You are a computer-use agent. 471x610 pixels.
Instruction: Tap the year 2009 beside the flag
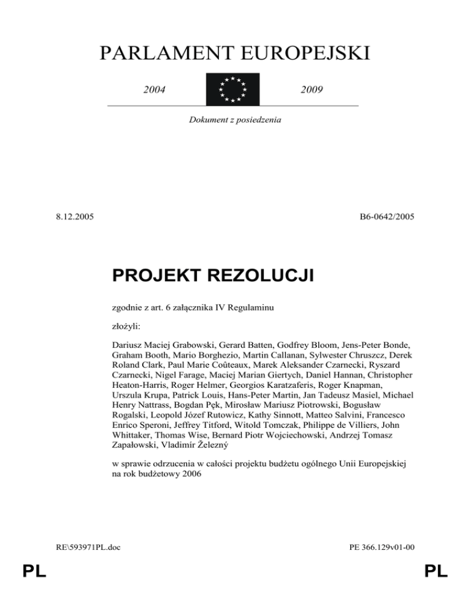click(313, 90)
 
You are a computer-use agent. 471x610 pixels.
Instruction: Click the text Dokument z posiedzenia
click(235, 120)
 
